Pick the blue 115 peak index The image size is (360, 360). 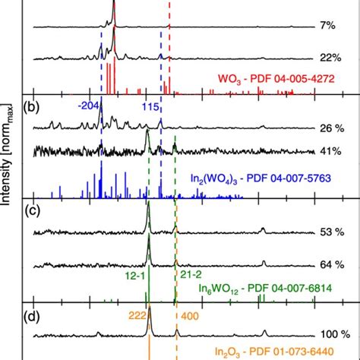pos(151,108)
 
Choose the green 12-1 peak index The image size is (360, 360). pos(135,276)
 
